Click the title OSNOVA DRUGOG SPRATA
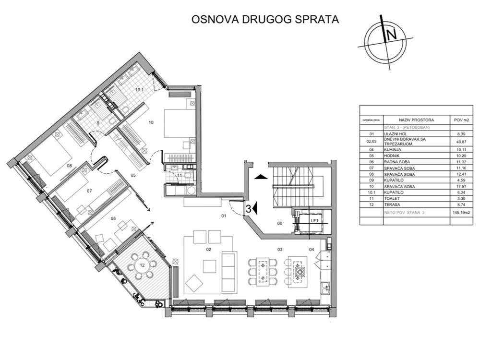265,20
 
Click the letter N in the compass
391,35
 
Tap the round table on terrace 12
143,264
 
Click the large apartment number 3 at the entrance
248,208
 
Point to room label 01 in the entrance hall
223,216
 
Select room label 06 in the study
113,218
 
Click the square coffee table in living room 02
210,265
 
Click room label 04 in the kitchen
312,249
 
